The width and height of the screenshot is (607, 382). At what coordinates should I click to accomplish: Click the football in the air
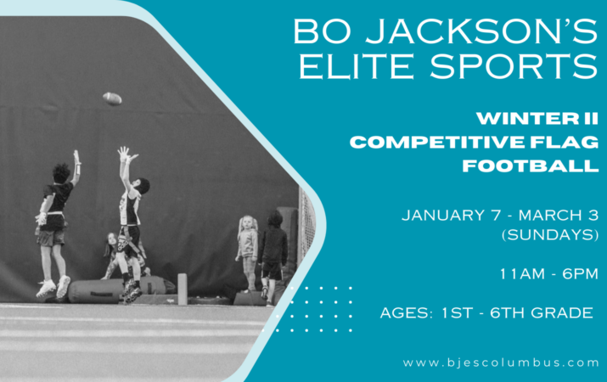pyautogui.click(x=112, y=98)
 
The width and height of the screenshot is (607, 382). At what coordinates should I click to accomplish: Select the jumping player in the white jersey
pyautogui.click(x=130, y=216)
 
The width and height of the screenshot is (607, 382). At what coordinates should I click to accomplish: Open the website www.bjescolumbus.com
pyautogui.click(x=501, y=362)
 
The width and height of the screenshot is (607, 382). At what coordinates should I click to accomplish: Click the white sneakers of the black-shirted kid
pyautogui.click(x=53, y=288)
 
